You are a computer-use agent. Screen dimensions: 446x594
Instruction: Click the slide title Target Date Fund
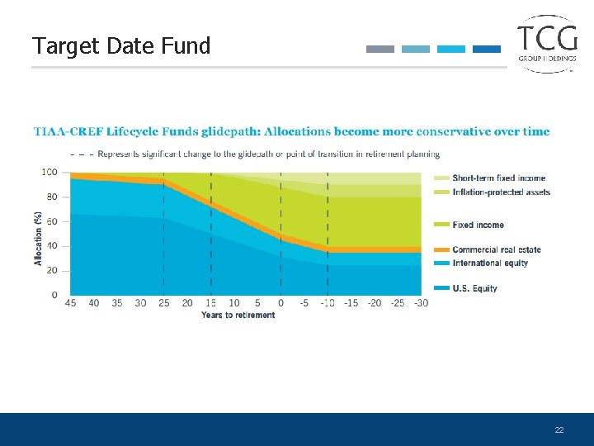pyautogui.click(x=121, y=45)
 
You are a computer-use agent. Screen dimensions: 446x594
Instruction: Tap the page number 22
pyautogui.click(x=559, y=430)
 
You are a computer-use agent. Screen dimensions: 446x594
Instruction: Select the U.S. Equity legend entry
pyautogui.click(x=474, y=288)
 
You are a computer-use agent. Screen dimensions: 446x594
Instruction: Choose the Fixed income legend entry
pyautogui.click(x=478, y=225)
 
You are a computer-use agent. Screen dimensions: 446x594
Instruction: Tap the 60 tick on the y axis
pyautogui.click(x=51, y=221)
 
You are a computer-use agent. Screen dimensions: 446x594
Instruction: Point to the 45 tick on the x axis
pyautogui.click(x=70, y=303)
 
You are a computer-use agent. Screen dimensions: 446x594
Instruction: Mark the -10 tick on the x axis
pyautogui.click(x=327, y=303)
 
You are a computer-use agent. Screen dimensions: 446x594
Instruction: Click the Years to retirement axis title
pyautogui.click(x=238, y=315)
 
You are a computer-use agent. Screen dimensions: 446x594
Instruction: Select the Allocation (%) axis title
pyautogui.click(x=38, y=239)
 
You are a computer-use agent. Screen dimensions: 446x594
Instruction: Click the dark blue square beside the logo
pyautogui.click(x=487, y=49)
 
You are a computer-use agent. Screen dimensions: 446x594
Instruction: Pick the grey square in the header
pyautogui.click(x=380, y=49)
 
